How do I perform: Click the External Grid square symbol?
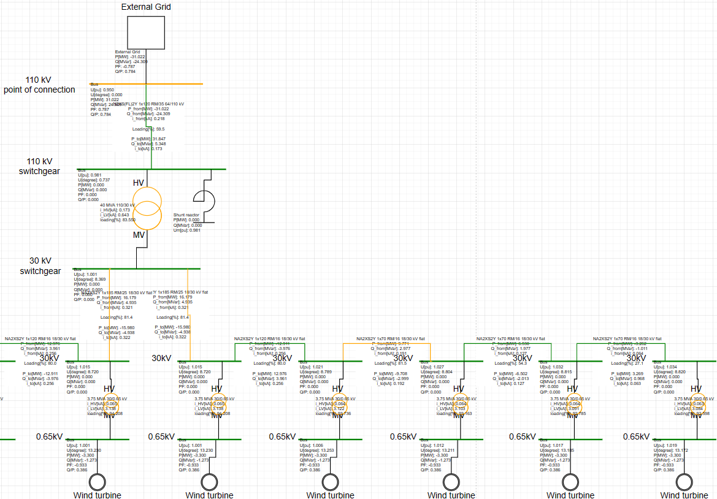(x=146, y=32)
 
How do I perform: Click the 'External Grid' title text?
(x=146, y=7)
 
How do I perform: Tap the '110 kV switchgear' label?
(x=39, y=166)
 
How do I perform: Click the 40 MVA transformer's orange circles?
(x=148, y=208)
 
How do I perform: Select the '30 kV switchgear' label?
(x=40, y=266)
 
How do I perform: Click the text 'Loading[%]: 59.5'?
(x=148, y=129)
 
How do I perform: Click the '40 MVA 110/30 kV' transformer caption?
(x=119, y=205)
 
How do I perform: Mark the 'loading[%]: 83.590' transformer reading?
(x=118, y=219)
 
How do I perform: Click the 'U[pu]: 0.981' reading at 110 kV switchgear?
(x=90, y=175)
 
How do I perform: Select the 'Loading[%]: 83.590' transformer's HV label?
(x=139, y=183)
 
